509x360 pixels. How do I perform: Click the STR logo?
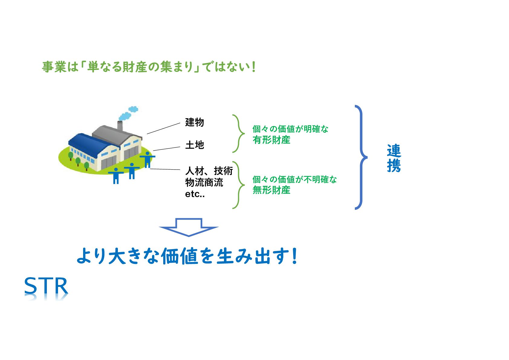click(x=46, y=286)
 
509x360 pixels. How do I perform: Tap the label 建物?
click(x=194, y=122)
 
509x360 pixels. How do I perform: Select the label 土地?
click(x=194, y=145)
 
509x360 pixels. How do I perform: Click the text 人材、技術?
click(x=209, y=171)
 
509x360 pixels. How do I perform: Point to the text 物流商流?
click(x=204, y=183)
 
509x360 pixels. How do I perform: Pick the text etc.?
click(x=195, y=194)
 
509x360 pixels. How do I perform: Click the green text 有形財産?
click(x=271, y=140)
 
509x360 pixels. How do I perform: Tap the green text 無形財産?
click(x=271, y=190)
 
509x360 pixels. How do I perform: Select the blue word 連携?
click(x=394, y=158)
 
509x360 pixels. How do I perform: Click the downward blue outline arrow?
click(x=189, y=227)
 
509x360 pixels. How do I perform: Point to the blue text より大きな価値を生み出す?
click(x=187, y=256)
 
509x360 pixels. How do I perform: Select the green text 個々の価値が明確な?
click(x=290, y=129)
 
